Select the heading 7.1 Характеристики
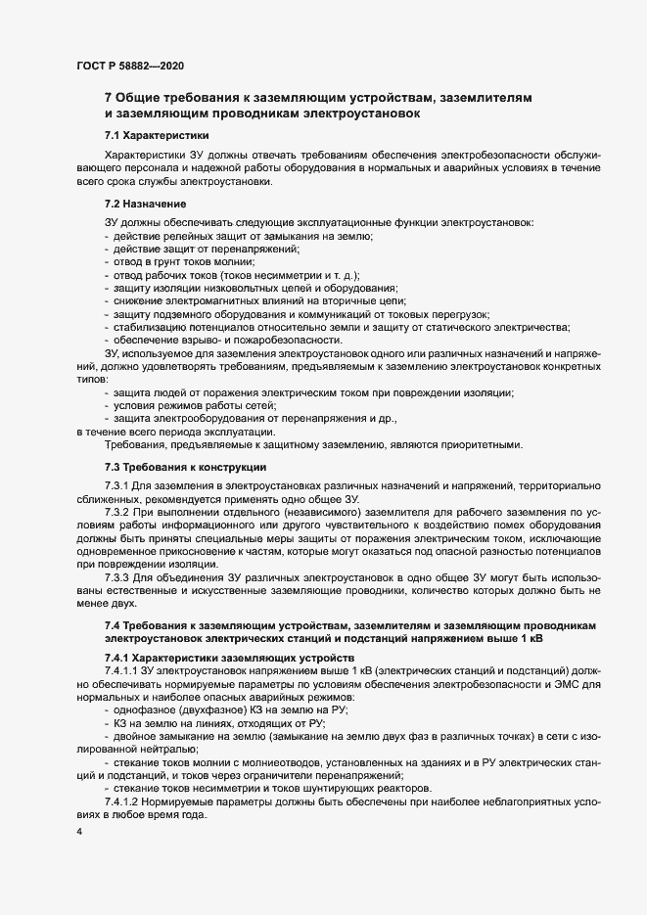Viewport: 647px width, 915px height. coord(155,135)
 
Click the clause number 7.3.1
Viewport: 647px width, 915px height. coord(117,485)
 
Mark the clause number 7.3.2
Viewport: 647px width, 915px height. coord(117,511)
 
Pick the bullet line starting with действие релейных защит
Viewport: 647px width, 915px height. coord(245,237)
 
